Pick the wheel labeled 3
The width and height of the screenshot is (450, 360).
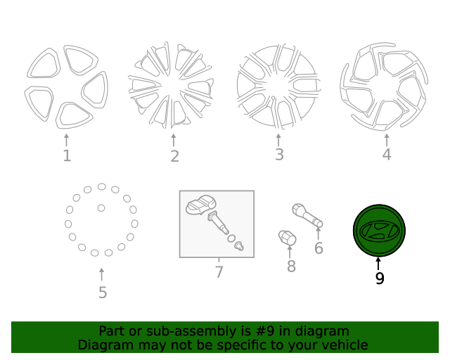[x=278, y=86]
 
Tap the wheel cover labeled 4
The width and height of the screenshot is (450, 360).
[x=384, y=86]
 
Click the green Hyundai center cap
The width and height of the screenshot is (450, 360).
[x=379, y=231]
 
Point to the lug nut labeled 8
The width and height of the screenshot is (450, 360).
[x=288, y=238]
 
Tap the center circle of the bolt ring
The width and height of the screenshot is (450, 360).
[x=101, y=208]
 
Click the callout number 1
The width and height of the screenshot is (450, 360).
[x=67, y=155]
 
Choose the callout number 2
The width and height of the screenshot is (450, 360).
[x=174, y=157]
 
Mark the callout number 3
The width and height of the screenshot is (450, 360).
[x=279, y=155]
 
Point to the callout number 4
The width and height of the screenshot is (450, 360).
[x=386, y=155]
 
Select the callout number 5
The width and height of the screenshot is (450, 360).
[x=103, y=292]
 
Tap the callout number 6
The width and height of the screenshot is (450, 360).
[x=319, y=248]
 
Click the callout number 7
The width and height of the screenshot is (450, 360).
[x=219, y=271]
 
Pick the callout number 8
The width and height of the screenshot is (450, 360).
[x=291, y=266]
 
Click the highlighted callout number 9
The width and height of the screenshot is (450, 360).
[x=380, y=278]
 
